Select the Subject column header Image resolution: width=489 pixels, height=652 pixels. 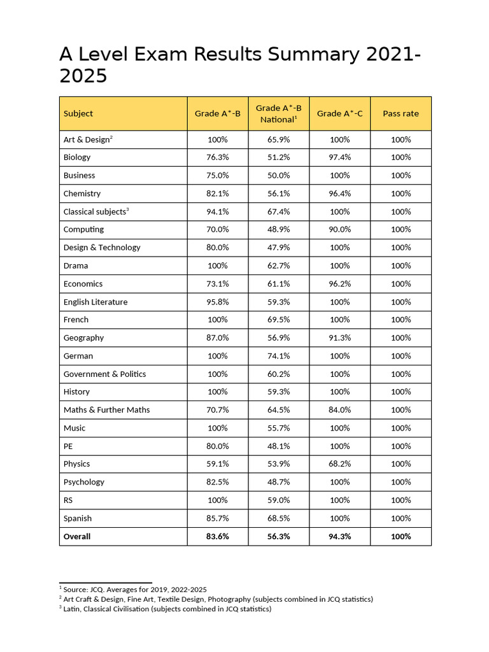coord(78,113)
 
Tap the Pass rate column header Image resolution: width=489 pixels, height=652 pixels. coord(400,113)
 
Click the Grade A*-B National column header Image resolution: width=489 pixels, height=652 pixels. coord(278,113)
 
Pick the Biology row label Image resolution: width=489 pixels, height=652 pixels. coord(77,157)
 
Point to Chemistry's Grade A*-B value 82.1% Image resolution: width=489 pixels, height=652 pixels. coord(218,194)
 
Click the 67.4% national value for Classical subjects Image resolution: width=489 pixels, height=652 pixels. coord(278,211)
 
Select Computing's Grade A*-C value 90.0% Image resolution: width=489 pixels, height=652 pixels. coord(339,229)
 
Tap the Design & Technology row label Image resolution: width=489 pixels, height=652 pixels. coord(102,248)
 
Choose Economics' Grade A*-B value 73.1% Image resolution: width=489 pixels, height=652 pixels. coord(218,284)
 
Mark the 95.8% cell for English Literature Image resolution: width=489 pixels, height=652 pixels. coord(218,302)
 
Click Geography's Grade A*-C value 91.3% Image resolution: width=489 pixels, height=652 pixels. coord(339,338)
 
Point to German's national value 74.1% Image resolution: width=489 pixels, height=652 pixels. coord(278,356)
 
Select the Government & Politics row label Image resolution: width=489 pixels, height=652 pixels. coord(104,374)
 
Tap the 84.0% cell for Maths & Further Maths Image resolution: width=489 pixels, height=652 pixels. coord(339,410)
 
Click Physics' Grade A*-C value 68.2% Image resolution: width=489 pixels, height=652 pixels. coord(339,464)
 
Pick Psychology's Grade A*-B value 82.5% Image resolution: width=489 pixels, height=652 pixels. coord(218,482)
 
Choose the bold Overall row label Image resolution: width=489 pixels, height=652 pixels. coord(77,537)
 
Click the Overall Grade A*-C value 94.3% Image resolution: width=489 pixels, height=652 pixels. coord(339,537)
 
